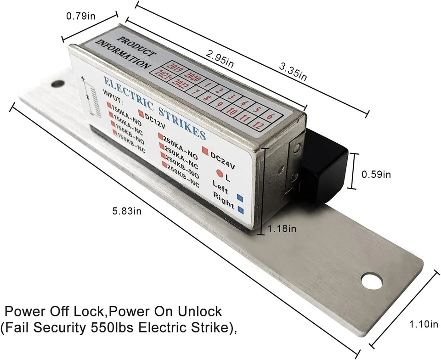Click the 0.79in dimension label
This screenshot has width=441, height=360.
point(81,17)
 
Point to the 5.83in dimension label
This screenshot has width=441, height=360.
point(127,211)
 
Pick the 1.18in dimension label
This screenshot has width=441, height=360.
point(281,228)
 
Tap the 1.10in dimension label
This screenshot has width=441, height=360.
point(423,325)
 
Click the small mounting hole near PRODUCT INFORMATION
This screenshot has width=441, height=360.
point(58,84)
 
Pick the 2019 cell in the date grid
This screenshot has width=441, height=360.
point(176,69)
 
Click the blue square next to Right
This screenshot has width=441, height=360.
point(242,211)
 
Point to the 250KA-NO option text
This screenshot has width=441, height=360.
point(181,138)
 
